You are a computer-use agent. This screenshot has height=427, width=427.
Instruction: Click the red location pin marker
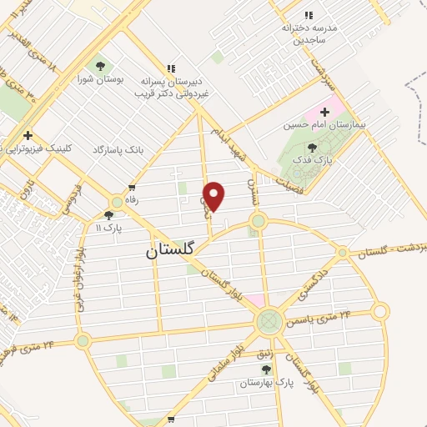point(214,196)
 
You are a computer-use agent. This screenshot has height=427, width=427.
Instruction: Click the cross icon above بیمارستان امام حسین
point(325,111)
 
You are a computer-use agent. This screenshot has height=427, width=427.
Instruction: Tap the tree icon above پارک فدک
point(313,147)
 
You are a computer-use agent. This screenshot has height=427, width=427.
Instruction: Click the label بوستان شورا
point(99,79)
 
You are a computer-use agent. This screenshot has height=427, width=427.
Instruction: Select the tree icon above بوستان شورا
point(100,67)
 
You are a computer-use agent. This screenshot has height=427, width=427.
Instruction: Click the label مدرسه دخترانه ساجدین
point(309,33)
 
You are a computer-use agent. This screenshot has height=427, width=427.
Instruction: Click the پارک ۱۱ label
point(109,226)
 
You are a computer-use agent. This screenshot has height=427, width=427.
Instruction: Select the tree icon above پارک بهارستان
point(266,369)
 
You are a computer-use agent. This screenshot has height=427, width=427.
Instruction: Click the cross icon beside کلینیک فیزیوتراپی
point(28,135)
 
